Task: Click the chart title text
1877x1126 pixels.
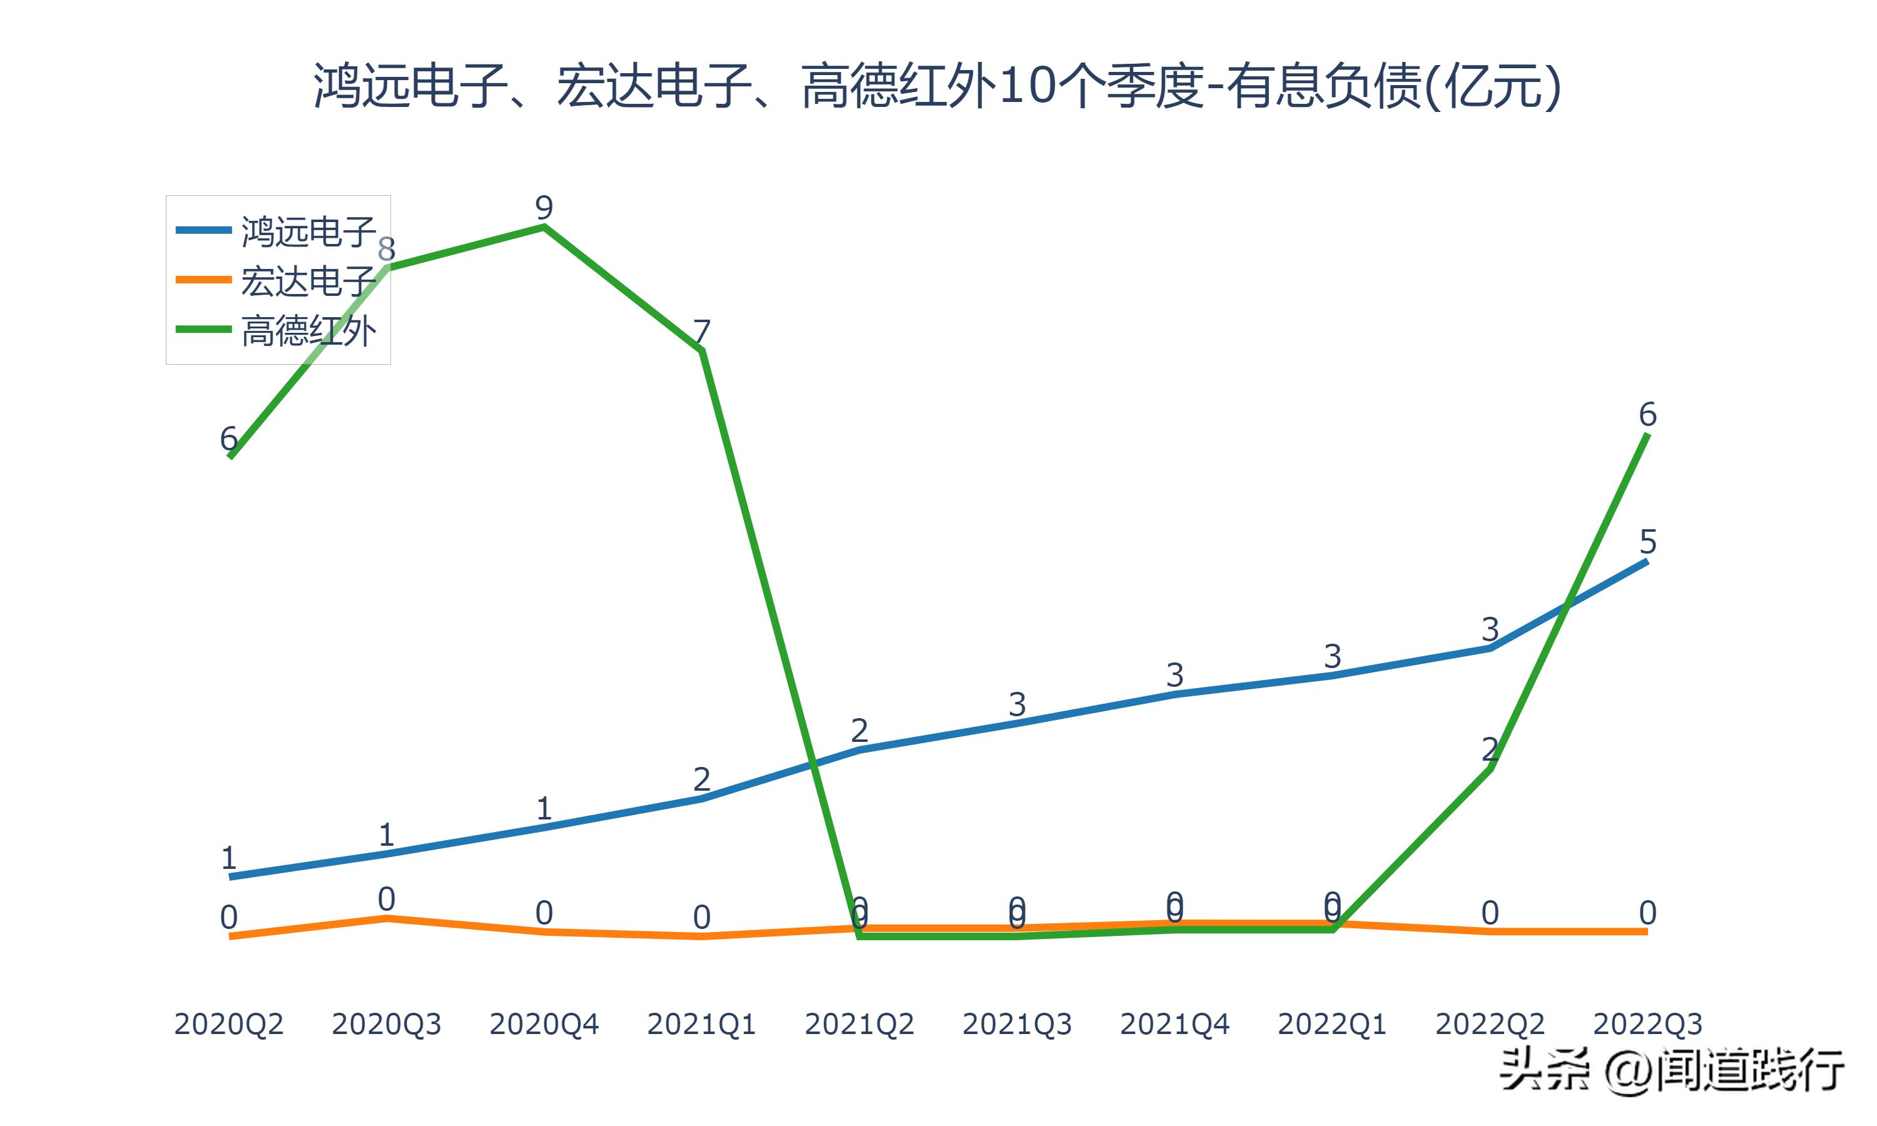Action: click(x=938, y=86)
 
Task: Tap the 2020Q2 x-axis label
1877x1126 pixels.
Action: click(x=228, y=1024)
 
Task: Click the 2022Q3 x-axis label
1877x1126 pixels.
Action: click(x=1647, y=1024)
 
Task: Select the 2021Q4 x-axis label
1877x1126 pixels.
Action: click(x=1174, y=1024)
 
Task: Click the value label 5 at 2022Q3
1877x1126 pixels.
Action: click(x=1647, y=542)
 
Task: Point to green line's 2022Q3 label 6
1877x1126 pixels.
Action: click(x=1647, y=414)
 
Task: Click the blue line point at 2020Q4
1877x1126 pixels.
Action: click(x=544, y=828)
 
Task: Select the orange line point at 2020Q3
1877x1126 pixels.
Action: click(x=386, y=918)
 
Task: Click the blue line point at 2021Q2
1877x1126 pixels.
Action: click(x=859, y=749)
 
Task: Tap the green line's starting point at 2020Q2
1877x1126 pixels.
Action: click(x=230, y=457)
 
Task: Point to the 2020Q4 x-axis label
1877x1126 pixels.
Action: click(x=544, y=1024)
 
